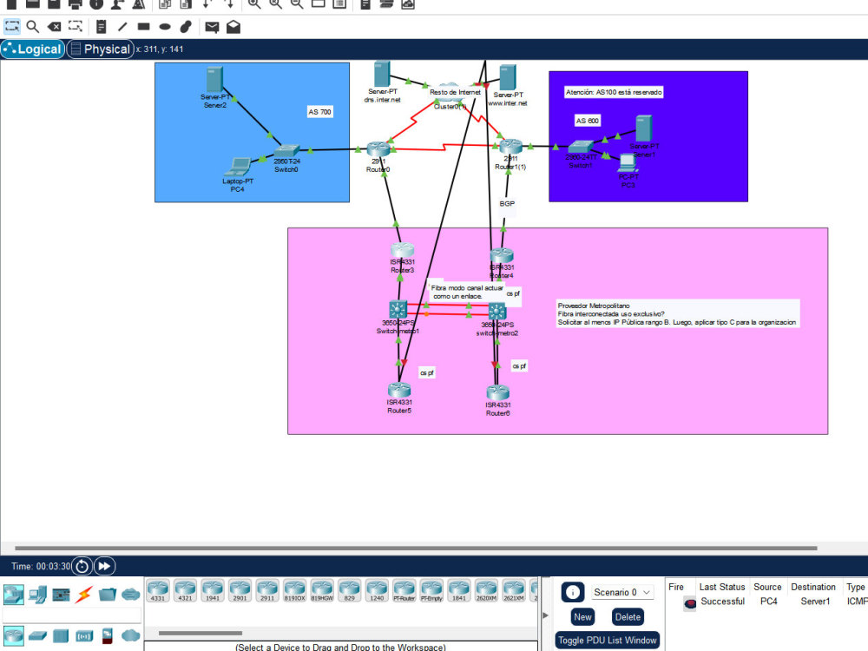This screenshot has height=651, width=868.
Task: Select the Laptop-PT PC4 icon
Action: [237, 165]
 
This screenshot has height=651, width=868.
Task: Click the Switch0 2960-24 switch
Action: [286, 151]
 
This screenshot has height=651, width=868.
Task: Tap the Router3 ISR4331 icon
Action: [402, 252]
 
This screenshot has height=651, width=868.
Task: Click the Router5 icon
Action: [399, 391]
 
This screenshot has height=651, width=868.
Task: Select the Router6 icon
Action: [497, 392]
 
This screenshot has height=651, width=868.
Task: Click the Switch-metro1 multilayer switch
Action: [398, 309]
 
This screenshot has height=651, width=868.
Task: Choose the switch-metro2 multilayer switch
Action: [496, 311]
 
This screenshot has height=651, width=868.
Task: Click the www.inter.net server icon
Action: [508, 77]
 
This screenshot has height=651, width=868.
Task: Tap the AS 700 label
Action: [319, 112]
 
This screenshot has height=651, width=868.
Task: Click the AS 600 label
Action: [588, 121]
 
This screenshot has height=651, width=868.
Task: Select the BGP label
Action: [508, 203]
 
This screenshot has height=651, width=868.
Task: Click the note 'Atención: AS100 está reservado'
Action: [614, 91]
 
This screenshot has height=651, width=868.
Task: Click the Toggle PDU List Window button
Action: [607, 641]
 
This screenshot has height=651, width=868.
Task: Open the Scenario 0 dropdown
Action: [622, 592]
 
